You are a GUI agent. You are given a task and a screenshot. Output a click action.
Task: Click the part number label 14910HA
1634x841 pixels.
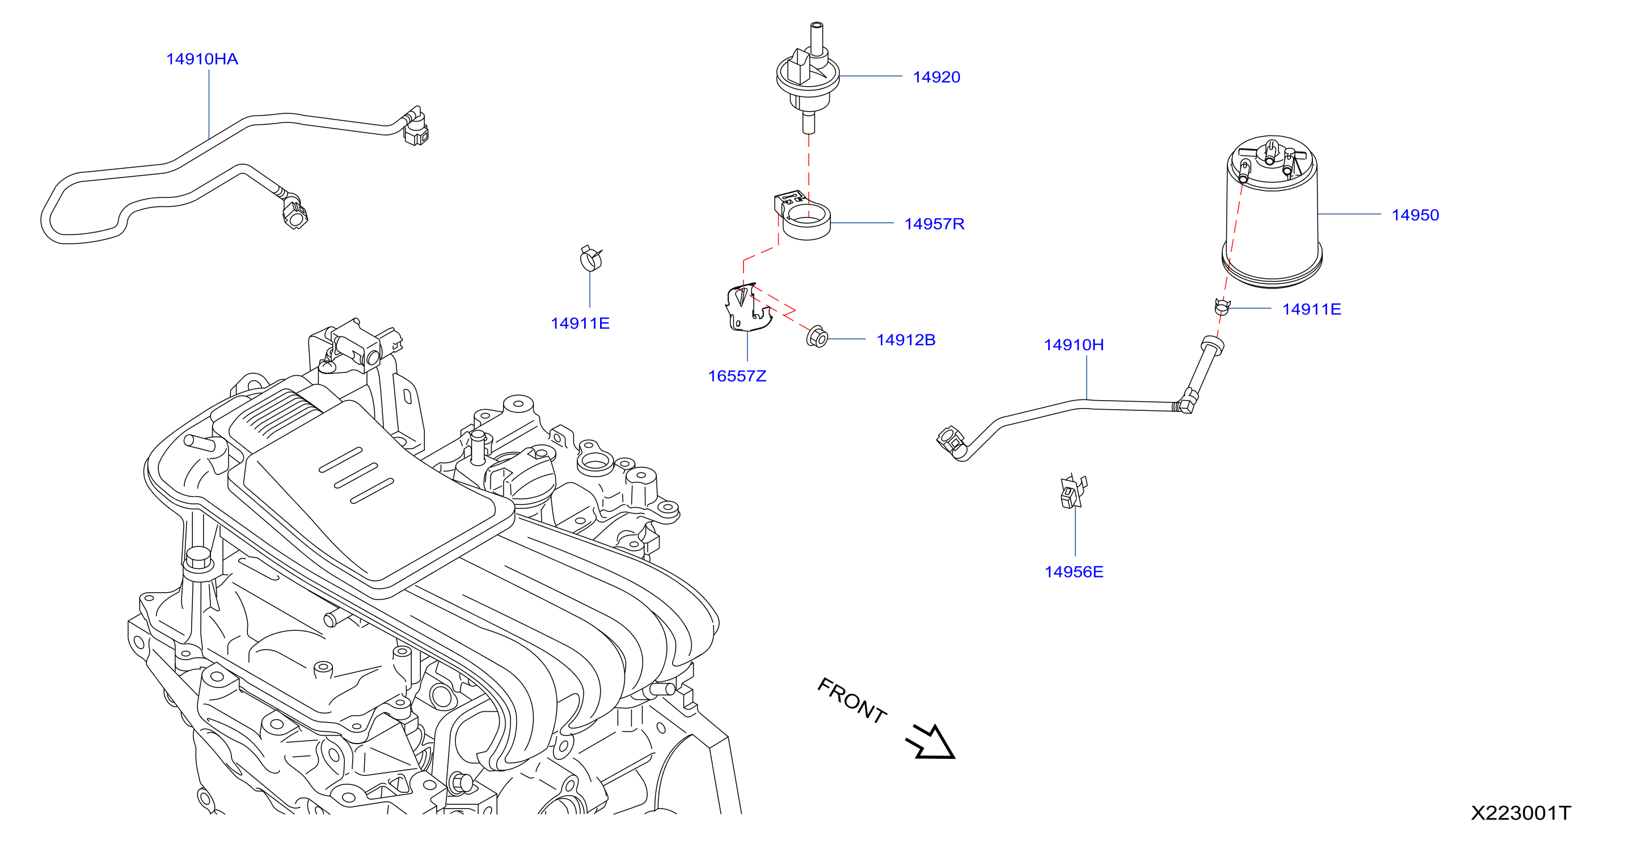(202, 59)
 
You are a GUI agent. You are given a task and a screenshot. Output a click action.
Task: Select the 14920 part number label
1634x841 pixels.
(936, 77)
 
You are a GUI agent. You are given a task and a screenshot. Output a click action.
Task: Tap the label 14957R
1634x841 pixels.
(934, 224)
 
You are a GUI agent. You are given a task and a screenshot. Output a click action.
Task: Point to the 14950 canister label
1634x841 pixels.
(1415, 215)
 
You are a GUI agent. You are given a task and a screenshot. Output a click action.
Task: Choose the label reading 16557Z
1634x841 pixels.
(737, 376)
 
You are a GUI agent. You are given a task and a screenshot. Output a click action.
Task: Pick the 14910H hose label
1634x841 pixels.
(1073, 345)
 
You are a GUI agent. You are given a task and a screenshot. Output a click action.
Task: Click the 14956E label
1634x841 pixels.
(1073, 572)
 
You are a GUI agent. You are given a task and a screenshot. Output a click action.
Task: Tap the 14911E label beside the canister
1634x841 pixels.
(1311, 309)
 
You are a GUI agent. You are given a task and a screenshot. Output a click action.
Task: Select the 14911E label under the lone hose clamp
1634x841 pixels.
(580, 323)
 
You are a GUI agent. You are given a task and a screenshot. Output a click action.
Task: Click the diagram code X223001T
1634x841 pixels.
(1521, 813)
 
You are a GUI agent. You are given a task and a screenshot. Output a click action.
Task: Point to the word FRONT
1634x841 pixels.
(852, 700)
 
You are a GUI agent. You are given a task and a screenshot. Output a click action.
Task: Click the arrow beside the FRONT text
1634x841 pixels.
(931, 742)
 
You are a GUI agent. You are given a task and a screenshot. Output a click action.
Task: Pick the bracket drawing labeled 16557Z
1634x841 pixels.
(747, 307)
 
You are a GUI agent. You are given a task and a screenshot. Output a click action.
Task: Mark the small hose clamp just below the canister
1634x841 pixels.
(1222, 307)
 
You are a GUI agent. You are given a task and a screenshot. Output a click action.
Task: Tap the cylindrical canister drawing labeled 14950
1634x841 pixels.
(1272, 213)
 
